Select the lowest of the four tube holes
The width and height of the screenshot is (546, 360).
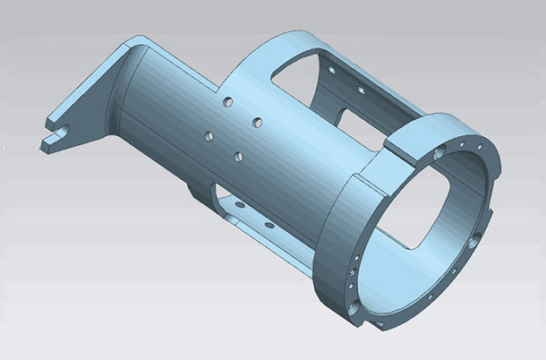click(x=239, y=157)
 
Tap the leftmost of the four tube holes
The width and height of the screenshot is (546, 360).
click(x=209, y=136)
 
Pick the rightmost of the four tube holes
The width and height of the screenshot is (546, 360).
click(x=257, y=121)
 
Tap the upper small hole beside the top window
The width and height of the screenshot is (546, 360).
click(x=332, y=69)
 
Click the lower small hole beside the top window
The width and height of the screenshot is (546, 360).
click(x=361, y=90)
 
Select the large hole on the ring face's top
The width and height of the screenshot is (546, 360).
click(x=439, y=153)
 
